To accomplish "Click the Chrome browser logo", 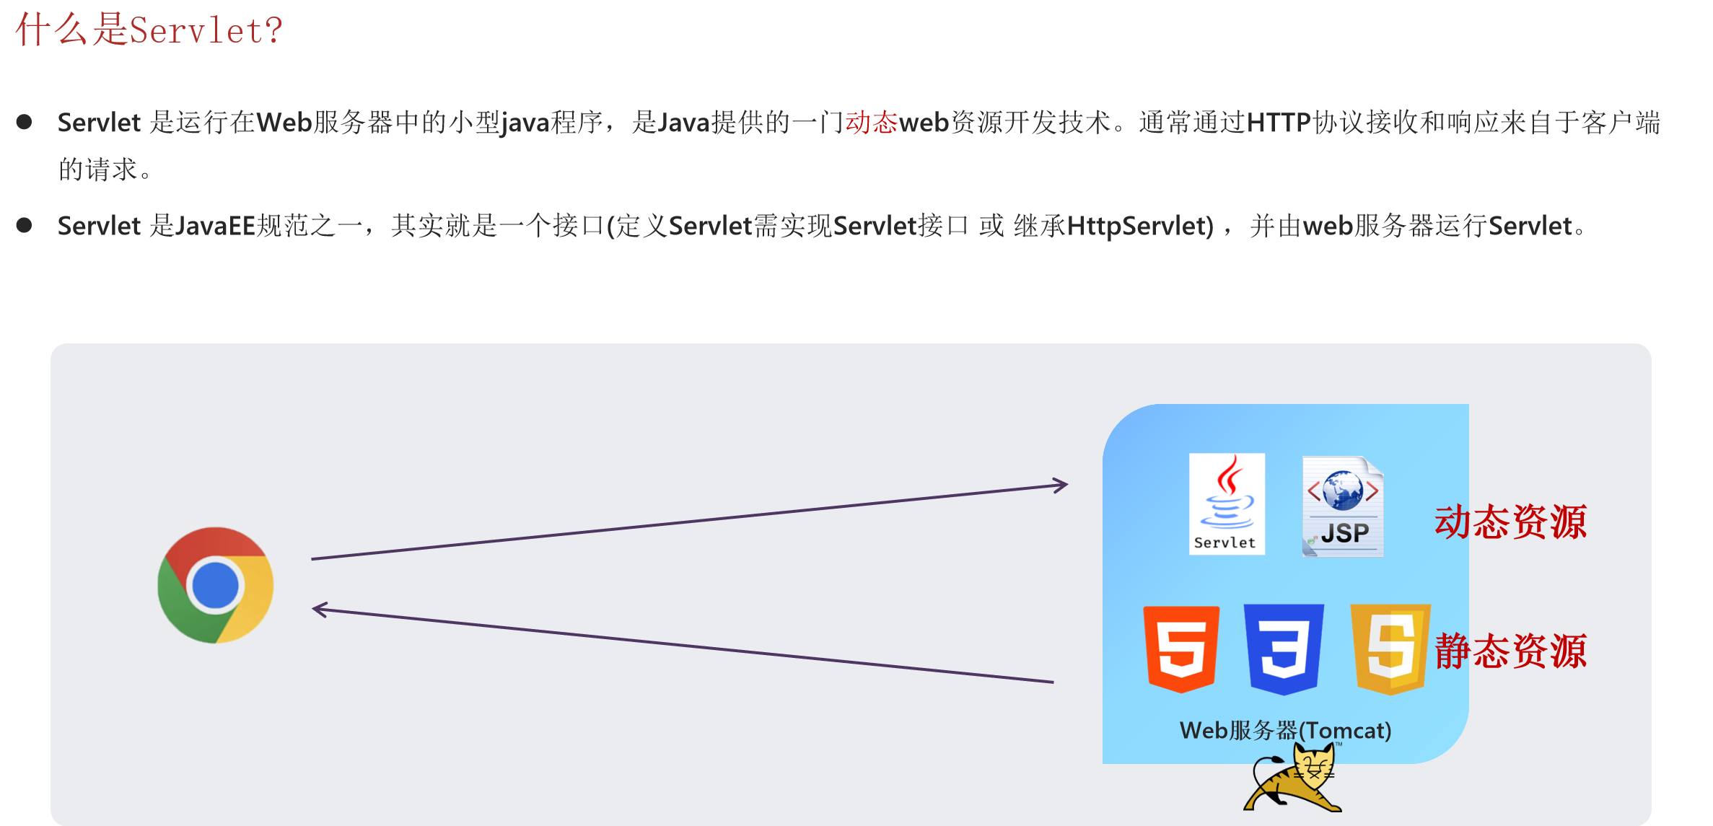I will click(x=215, y=585).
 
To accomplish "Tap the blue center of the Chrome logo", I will click(x=215, y=585).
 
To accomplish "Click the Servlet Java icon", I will click(x=1227, y=504).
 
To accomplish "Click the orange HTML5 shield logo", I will click(x=1181, y=649).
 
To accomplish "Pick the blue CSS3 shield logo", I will click(x=1284, y=649).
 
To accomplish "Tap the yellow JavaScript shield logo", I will click(x=1390, y=649).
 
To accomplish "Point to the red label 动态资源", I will click(x=1510, y=522).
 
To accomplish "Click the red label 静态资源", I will click(x=1510, y=651).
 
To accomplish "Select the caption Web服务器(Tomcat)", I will click(x=1285, y=731).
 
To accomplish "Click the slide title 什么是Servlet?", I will click(x=149, y=30).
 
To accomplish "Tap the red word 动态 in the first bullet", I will click(x=871, y=123).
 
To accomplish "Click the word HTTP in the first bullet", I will click(x=1278, y=123).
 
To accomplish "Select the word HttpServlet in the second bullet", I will click(x=1140, y=227).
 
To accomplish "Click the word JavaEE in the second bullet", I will click(x=216, y=227).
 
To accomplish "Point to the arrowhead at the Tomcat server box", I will click(x=1061, y=486).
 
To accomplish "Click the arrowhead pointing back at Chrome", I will click(x=320, y=610).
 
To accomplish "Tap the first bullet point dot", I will click(x=24, y=122).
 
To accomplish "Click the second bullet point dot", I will click(x=24, y=226).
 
